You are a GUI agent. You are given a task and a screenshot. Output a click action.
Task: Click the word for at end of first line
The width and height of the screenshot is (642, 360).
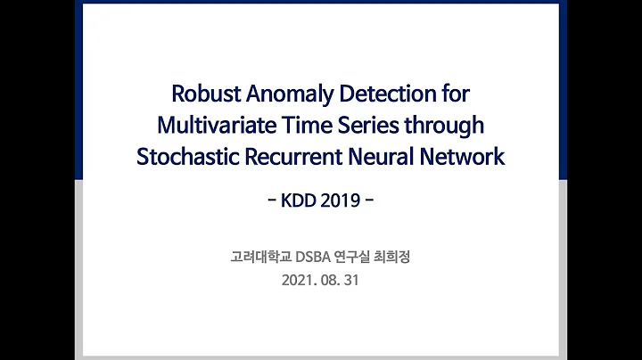450,94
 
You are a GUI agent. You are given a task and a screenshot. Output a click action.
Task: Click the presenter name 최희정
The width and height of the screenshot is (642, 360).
401,258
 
